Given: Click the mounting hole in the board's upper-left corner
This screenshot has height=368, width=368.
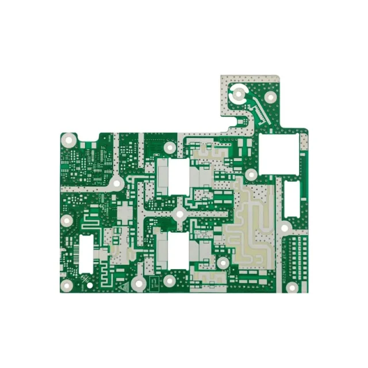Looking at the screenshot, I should click(x=70, y=139).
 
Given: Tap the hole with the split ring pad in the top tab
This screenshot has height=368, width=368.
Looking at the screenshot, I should click(x=237, y=93).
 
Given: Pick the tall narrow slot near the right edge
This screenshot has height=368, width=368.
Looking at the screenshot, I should click(x=292, y=199).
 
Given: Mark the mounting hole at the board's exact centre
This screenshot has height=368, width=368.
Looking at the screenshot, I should click(x=179, y=214).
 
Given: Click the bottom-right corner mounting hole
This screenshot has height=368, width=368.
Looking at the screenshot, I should click(x=292, y=287).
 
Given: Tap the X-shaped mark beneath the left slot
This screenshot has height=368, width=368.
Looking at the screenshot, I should click(x=87, y=279).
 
